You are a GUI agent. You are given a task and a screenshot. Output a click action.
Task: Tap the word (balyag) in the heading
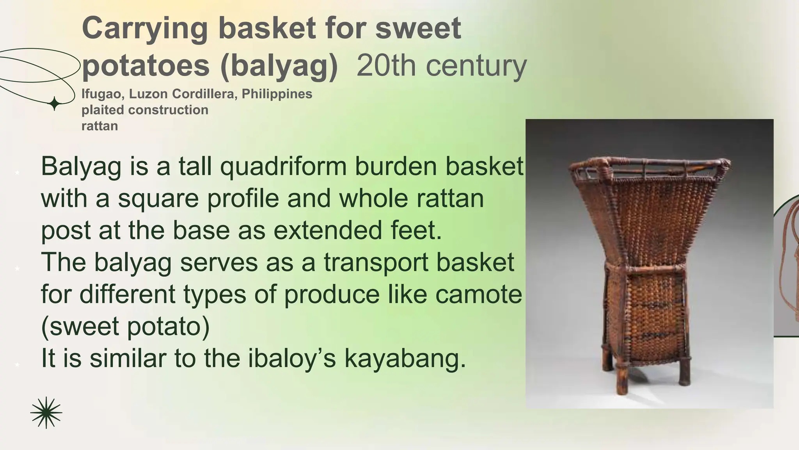(279, 66)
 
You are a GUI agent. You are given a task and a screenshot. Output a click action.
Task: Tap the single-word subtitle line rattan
(99, 126)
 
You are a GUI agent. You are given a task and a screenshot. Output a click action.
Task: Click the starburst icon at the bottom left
(46, 412)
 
